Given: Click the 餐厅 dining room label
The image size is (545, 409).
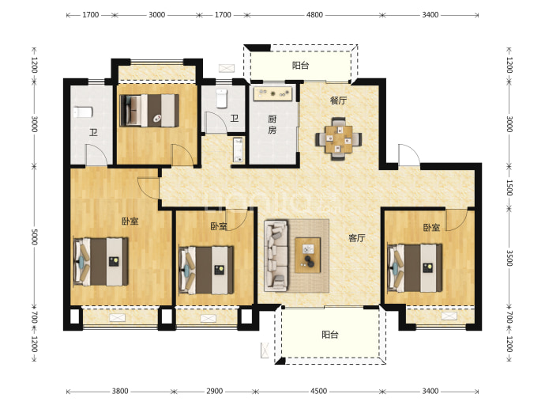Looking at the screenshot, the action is tap(338, 100).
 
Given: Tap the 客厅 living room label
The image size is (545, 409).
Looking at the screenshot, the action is tap(356, 238).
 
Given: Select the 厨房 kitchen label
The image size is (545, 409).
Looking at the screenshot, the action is tap(272, 125).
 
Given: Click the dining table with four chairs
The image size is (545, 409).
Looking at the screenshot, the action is tap(339, 139).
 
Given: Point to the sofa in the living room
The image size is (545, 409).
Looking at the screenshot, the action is tap(276, 256).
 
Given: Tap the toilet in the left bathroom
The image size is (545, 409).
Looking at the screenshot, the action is tap(82, 112).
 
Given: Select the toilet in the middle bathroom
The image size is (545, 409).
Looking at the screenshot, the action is tap(221, 99).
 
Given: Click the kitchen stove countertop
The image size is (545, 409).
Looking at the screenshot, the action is tap(272, 93).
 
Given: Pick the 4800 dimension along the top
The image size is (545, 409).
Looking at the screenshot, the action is tap(314, 15).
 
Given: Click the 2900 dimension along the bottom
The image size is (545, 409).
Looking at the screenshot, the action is tap(215, 392).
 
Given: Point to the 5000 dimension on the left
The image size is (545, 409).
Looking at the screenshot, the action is tap(34, 237).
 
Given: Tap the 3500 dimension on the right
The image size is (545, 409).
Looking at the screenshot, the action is tap(509, 258).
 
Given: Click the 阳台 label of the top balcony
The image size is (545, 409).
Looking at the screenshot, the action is tap(300, 66).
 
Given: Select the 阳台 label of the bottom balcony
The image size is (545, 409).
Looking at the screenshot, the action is tap(330, 335).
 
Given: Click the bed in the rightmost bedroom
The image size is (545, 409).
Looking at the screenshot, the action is tap(415, 267).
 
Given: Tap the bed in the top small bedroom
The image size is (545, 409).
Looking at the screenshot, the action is tap(149, 110).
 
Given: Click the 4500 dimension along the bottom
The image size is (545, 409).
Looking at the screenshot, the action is tap(318, 392).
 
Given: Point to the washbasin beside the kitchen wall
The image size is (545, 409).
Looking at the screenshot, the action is tap(238, 150).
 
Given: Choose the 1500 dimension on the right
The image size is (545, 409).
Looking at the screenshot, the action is tap(509, 187).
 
